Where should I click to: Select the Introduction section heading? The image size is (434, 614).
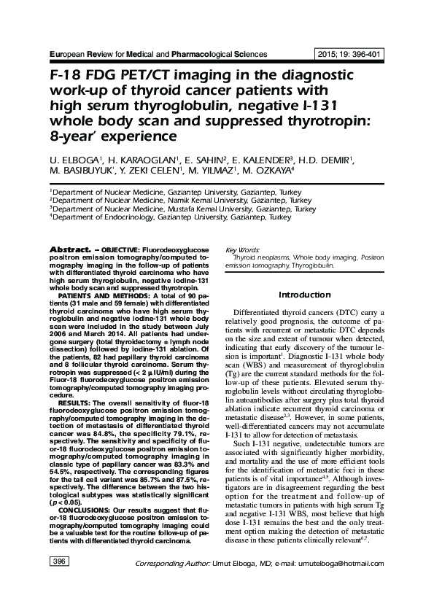(x=305, y=295)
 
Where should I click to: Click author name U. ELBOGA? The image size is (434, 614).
(x=67, y=159)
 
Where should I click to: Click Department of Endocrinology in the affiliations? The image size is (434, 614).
(x=94, y=217)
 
